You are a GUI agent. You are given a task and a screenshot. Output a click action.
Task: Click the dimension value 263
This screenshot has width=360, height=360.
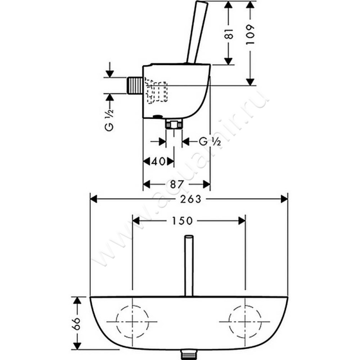190,199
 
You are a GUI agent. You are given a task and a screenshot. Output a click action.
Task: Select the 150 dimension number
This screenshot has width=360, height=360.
182,221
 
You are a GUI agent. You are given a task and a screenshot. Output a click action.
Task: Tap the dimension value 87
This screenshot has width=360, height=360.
177,184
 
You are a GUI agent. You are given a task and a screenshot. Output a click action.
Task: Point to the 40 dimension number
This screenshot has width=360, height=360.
158,162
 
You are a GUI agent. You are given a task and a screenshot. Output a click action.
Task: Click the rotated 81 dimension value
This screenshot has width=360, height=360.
229,33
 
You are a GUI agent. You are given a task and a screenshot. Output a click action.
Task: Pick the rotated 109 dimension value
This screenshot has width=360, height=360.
250,35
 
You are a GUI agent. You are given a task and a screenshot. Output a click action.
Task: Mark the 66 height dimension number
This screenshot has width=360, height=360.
76,324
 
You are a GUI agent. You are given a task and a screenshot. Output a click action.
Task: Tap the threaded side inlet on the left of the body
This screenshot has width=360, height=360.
135,85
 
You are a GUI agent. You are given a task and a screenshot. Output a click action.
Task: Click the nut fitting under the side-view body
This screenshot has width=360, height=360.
174,125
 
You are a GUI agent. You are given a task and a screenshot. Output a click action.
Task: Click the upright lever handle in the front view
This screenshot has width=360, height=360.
189,265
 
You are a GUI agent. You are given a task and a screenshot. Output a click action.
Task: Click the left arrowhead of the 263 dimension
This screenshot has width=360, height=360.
94,199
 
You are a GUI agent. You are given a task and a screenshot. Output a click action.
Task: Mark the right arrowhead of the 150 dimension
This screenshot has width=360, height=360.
242,221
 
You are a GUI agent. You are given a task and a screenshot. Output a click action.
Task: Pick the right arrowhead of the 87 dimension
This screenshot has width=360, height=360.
207,184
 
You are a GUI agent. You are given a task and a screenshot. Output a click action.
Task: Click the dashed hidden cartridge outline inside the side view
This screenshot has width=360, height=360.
156,91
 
